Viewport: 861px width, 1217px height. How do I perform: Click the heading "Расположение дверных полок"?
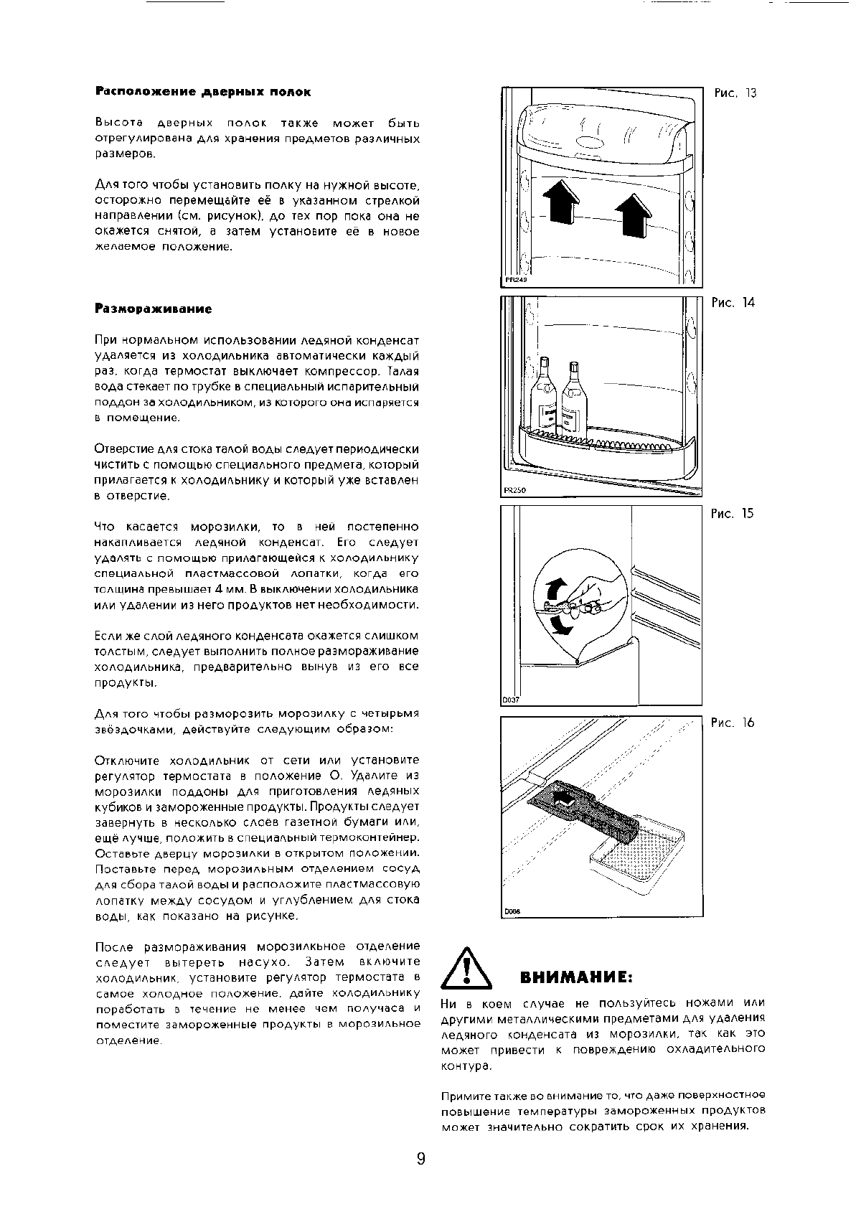pyautogui.click(x=203, y=93)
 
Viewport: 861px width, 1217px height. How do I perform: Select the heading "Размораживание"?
pyautogui.click(x=154, y=309)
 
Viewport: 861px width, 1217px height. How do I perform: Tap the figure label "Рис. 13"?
pyautogui.click(x=735, y=93)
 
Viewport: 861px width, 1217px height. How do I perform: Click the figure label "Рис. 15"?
pyautogui.click(x=733, y=514)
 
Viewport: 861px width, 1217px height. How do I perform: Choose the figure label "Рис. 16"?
pyautogui.click(x=733, y=723)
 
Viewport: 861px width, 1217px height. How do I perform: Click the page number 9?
pyautogui.click(x=420, y=1159)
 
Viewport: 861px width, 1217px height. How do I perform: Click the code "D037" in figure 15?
pyautogui.click(x=510, y=700)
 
